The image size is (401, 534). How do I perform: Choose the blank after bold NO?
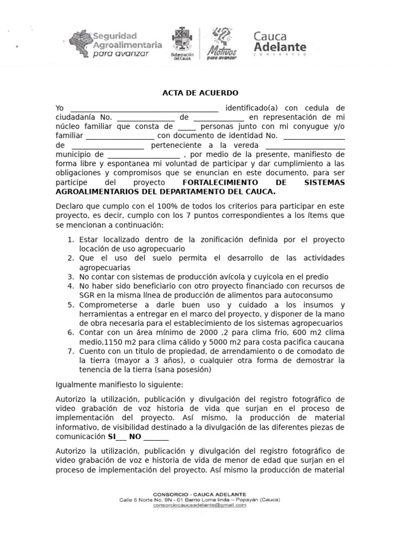pos(156,437)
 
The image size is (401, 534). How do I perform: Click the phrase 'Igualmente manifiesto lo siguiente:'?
pos(120,385)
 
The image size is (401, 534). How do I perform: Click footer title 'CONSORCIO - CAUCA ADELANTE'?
pos(200,494)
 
